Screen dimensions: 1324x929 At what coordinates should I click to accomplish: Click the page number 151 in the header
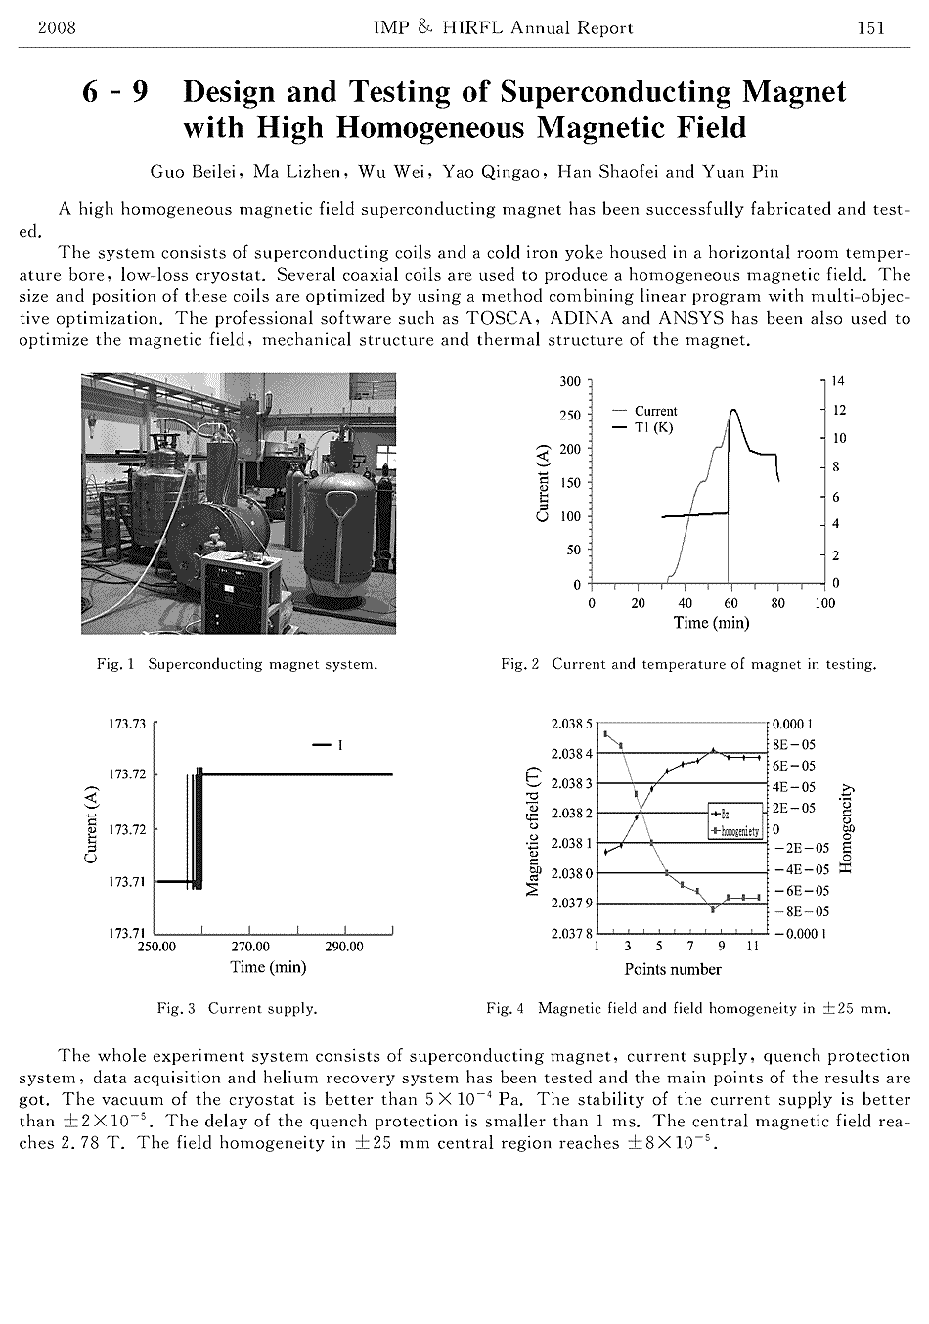(x=870, y=28)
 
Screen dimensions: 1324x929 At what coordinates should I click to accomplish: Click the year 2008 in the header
(x=57, y=28)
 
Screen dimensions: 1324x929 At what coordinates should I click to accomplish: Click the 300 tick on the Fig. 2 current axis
(x=569, y=381)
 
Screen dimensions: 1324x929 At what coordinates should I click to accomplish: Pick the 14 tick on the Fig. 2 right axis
(x=839, y=381)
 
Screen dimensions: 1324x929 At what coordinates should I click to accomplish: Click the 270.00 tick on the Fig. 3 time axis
(x=250, y=947)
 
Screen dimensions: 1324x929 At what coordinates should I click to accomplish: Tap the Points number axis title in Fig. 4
(x=673, y=969)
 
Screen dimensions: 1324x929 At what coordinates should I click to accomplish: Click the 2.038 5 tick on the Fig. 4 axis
(x=571, y=725)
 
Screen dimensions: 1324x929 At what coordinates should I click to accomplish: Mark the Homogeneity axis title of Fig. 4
(x=847, y=829)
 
